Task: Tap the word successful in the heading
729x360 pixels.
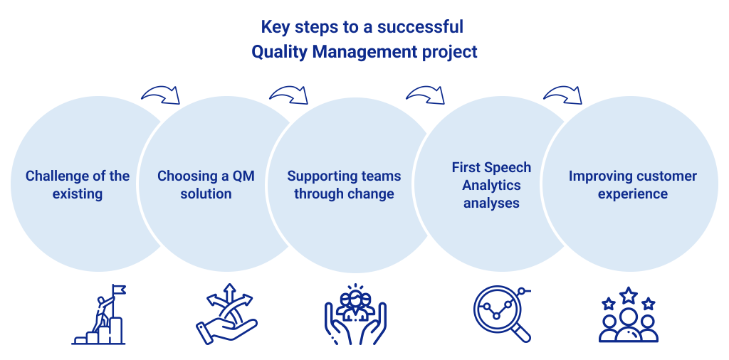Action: tap(420, 26)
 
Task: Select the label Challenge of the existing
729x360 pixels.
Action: tap(77, 184)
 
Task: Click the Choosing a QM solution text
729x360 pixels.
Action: tap(206, 184)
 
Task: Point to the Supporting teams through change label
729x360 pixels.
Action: tap(344, 184)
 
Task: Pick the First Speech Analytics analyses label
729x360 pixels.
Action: tap(491, 185)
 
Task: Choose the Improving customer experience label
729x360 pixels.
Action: tap(633, 184)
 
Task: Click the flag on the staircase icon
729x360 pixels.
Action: tap(119, 290)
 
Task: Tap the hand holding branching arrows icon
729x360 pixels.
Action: tap(226, 314)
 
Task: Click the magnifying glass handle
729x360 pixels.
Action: tap(522, 332)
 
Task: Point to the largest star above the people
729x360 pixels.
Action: tap(629, 295)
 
